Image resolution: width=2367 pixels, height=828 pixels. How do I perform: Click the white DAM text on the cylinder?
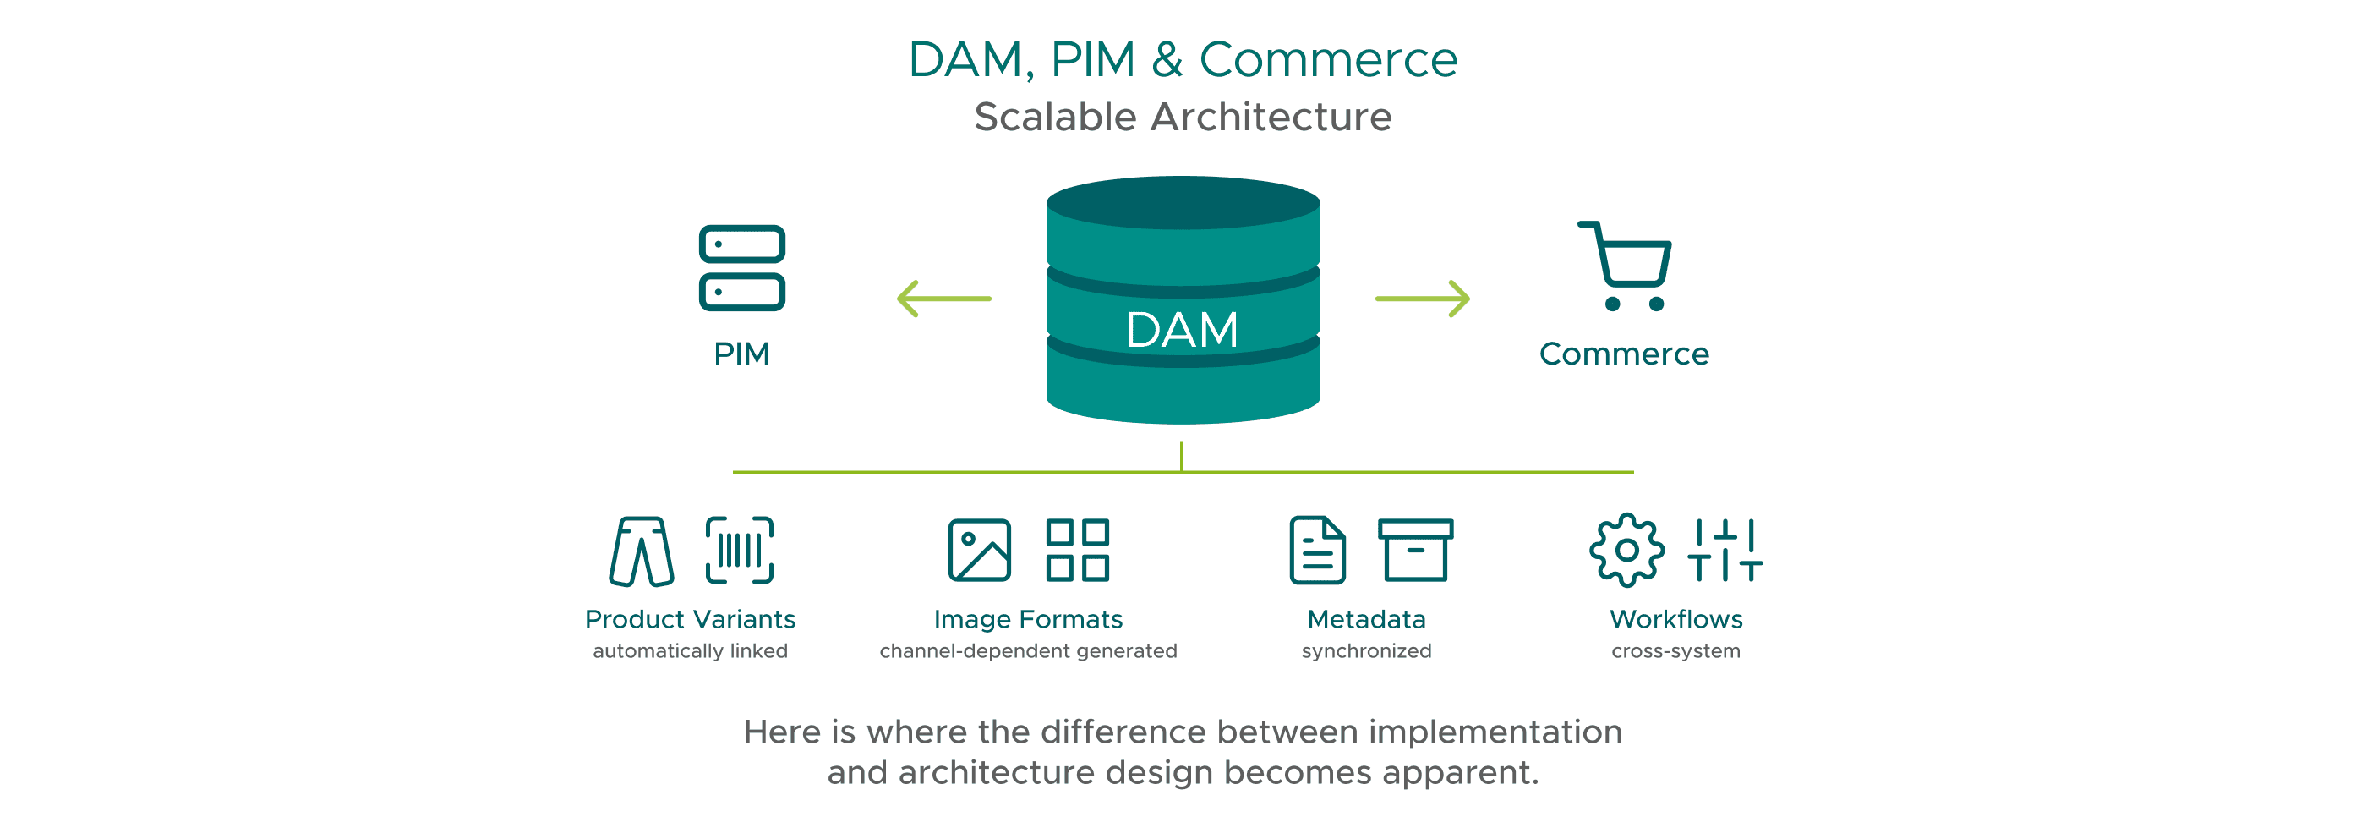pos(1182,330)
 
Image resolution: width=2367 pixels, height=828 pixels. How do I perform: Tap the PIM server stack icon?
pos(741,268)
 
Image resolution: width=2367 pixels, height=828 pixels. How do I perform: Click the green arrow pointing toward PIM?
pos(943,299)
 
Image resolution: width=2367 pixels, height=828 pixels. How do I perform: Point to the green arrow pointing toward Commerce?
pos(1423,299)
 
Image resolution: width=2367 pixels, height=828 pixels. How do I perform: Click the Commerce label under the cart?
pos(1624,354)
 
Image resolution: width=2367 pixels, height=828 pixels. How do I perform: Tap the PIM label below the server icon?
pos(741,354)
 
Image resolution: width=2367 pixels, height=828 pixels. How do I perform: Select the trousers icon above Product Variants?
pos(642,551)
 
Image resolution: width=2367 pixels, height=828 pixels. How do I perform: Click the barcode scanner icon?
pos(740,551)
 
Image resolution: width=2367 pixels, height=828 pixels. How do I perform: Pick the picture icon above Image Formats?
pos(980,551)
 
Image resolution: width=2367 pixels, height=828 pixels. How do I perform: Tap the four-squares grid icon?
pos(1078,551)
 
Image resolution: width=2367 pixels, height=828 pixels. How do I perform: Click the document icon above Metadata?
pos(1318,551)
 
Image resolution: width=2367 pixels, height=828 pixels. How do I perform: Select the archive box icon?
pos(1415,551)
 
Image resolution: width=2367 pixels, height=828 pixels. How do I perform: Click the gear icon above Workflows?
pos(1626,551)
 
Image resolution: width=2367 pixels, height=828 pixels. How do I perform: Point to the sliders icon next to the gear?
pos(1725,551)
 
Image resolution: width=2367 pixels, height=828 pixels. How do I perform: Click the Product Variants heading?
pos(690,619)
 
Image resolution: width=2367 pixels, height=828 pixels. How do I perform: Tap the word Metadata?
pos(1366,619)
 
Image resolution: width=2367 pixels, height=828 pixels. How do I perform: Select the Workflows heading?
pos(1676,619)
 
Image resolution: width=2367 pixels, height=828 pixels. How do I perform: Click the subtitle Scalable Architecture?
pos(1183,118)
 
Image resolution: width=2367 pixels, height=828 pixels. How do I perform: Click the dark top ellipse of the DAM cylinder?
pos(1183,202)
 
